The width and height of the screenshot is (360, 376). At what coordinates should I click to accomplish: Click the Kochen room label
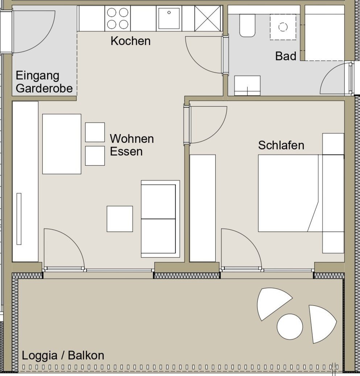(131, 41)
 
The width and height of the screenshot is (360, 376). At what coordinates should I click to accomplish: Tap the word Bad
(286, 56)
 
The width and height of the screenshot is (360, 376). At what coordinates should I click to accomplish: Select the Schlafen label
(281, 145)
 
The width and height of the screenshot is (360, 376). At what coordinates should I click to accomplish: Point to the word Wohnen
(132, 139)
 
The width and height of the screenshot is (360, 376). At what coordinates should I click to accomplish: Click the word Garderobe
(44, 88)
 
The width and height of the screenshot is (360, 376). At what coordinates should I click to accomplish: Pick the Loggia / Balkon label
(63, 355)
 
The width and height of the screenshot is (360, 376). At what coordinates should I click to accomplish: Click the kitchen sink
(169, 18)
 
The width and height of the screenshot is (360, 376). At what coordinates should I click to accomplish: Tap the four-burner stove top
(117, 18)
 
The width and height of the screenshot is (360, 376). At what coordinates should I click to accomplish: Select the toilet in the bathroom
(247, 25)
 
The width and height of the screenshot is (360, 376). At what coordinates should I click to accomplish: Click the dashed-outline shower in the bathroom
(283, 27)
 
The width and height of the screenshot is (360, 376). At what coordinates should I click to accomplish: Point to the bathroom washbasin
(247, 85)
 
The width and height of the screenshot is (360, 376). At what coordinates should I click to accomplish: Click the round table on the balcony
(290, 327)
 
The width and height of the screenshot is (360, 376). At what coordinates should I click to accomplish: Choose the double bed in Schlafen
(301, 193)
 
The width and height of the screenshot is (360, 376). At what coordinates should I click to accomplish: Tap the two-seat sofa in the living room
(160, 219)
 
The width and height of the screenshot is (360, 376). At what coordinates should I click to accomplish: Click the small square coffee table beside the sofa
(120, 219)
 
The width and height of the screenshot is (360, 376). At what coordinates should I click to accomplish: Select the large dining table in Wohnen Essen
(62, 144)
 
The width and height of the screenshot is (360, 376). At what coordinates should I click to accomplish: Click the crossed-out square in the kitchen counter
(207, 18)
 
